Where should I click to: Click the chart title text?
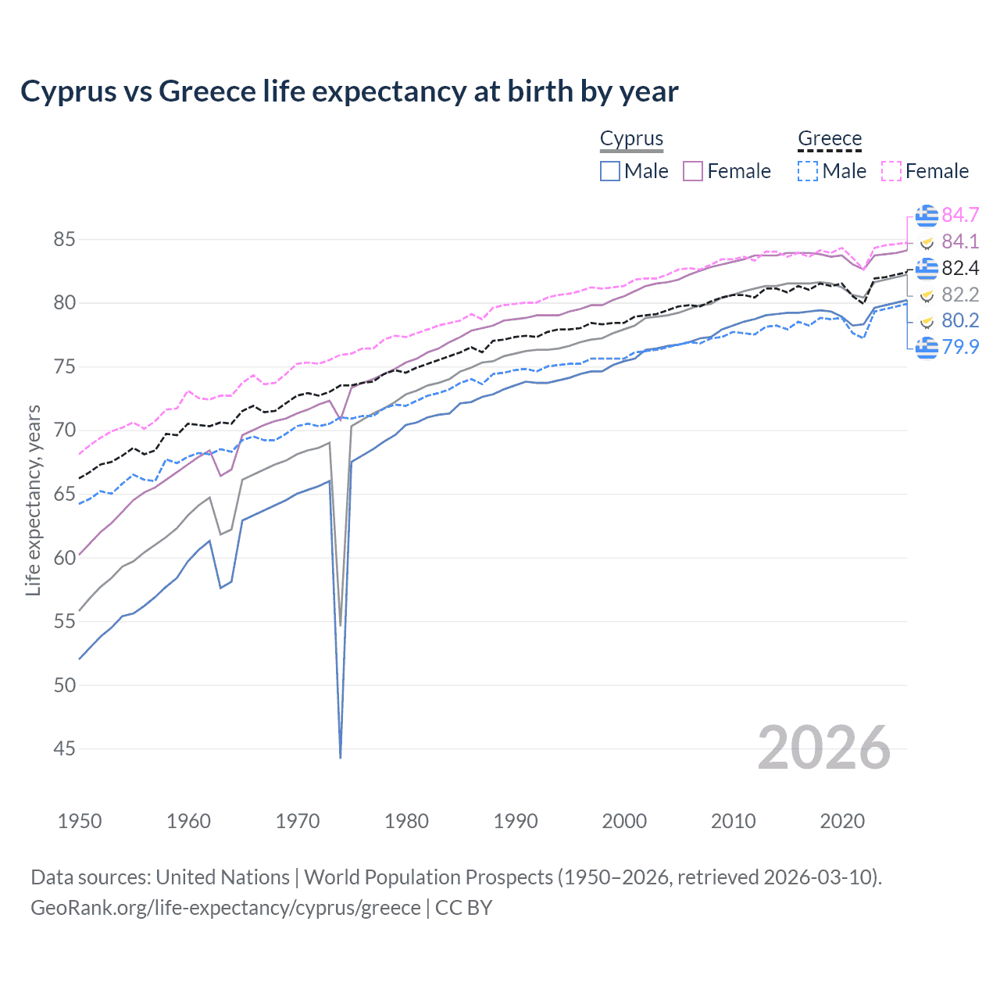tap(349, 91)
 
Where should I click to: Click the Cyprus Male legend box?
tap(610, 171)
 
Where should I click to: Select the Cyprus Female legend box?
tap(693, 171)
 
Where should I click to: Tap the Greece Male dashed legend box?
tap(809, 171)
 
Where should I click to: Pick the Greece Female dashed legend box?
tap(891, 171)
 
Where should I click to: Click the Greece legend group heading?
tap(830, 139)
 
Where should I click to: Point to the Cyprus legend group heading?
tap(631, 139)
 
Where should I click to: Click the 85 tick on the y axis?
tap(64, 239)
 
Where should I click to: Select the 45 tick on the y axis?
tap(64, 748)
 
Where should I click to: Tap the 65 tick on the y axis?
tap(64, 494)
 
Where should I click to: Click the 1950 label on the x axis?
tap(80, 821)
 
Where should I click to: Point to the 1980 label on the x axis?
tap(406, 821)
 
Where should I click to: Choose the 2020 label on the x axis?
tap(842, 821)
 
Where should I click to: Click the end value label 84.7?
tap(960, 215)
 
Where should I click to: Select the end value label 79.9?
tap(960, 347)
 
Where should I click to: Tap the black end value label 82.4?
tap(960, 268)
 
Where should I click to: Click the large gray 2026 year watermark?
tap(823, 748)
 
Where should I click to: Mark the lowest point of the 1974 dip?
tap(341, 757)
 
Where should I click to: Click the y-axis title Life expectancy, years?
tap(33, 500)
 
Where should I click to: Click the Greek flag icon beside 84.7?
tap(927, 215)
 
